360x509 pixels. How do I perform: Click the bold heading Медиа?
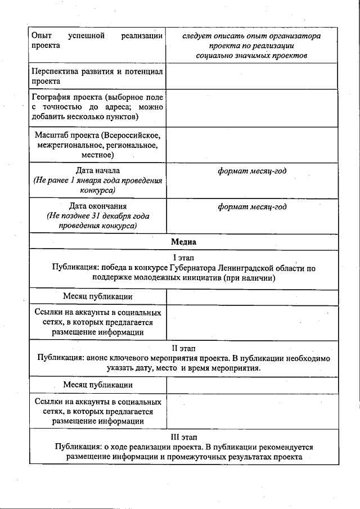pos(183,242)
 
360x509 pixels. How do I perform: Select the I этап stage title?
pos(183,258)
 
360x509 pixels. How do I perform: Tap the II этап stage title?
pos(183,348)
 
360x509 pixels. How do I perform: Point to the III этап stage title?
pos(183,436)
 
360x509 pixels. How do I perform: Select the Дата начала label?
pos(98,170)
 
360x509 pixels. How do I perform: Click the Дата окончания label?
pos(98,206)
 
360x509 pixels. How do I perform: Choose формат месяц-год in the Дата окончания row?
pos(252,206)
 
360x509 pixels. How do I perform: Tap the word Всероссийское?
pos(132,135)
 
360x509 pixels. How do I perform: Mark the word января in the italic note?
pos(95,181)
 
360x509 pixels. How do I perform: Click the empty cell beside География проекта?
pos(252,107)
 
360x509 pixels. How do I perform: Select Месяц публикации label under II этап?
pos(98,385)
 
